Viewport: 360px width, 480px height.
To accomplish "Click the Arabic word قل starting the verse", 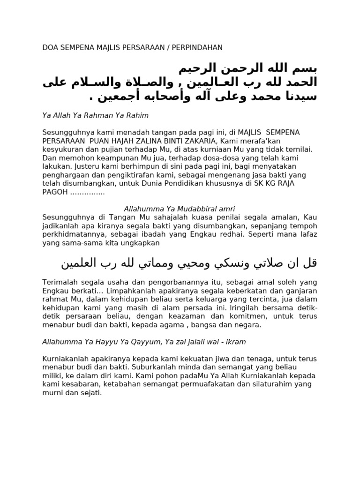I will click(x=311, y=263).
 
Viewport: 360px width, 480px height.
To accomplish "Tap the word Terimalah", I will click(x=60, y=282).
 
